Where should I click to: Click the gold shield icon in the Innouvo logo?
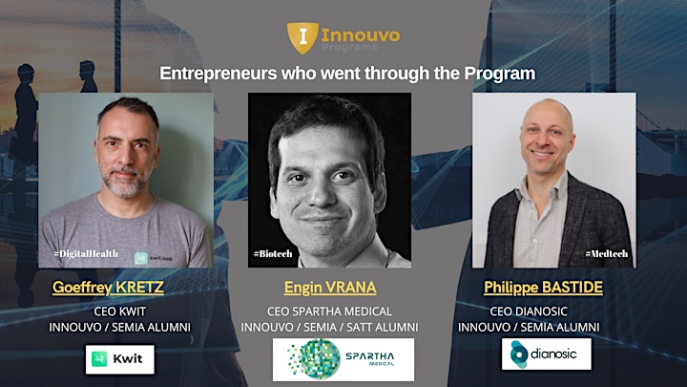coord(302,38)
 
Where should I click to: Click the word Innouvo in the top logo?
coord(360,35)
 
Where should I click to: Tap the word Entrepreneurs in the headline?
coord(219,74)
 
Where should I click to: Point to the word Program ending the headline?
coord(499,74)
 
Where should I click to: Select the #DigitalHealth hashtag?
coord(86,253)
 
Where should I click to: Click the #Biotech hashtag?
coord(273,253)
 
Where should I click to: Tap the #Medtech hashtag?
coord(607,253)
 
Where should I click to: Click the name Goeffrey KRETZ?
coord(108,288)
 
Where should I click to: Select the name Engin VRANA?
coord(330,288)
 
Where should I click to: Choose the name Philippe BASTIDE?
coord(543,288)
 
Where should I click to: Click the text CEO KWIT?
coord(119,312)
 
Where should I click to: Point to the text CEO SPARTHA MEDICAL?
coord(329,312)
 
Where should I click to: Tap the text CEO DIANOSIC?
coord(529,312)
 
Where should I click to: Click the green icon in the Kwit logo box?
coord(99,359)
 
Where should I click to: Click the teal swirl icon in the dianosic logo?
coord(519,354)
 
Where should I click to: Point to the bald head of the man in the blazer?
coord(548,112)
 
